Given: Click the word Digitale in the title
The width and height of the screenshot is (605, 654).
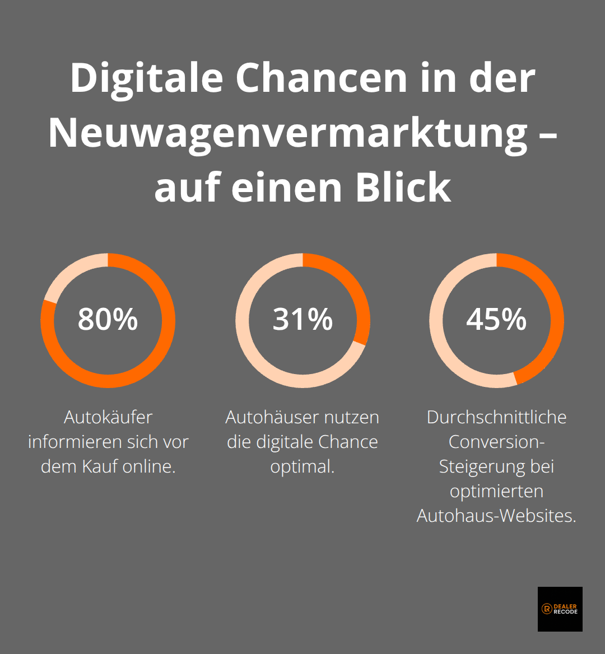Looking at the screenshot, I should pyautogui.click(x=147, y=78).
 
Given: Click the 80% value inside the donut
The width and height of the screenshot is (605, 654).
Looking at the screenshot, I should pyautogui.click(x=108, y=320).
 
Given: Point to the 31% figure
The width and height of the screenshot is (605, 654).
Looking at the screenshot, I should pyautogui.click(x=302, y=320).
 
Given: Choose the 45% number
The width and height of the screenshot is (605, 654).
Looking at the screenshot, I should pyautogui.click(x=496, y=320).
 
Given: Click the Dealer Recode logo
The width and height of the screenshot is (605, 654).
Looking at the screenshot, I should pyautogui.click(x=560, y=609).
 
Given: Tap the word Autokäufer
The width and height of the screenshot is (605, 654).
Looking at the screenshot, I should pyautogui.click(x=108, y=417).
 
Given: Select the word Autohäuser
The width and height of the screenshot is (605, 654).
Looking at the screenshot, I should pyautogui.click(x=265, y=417).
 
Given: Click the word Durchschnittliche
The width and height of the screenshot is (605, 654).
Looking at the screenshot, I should pyautogui.click(x=496, y=417).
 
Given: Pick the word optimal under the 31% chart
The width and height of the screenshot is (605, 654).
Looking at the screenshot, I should pyautogui.click(x=302, y=466).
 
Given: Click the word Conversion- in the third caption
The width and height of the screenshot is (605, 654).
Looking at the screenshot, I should pyautogui.click(x=496, y=442).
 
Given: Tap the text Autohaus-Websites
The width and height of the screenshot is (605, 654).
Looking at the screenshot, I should pyautogui.click(x=496, y=516).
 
